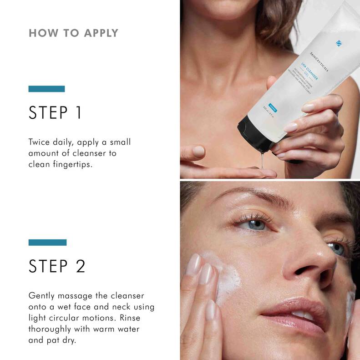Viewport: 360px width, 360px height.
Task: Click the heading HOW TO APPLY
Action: pyautogui.click(x=73, y=33)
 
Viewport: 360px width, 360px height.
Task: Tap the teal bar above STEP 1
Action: pyautogui.click(x=46, y=89)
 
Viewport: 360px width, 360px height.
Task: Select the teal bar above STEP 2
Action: pyautogui.click(x=47, y=242)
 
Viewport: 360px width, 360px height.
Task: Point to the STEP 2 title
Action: pyautogui.click(x=57, y=267)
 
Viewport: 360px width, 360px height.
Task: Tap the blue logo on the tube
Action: pyautogui.click(x=338, y=43)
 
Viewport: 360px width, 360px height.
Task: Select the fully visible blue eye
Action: pyautogui.click(x=257, y=224)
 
